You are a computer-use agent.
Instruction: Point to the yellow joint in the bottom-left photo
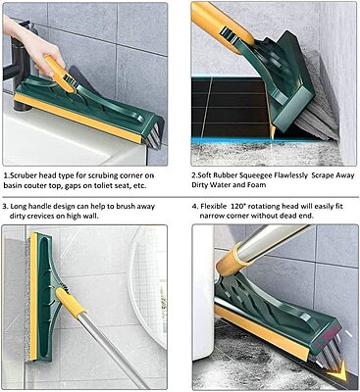pos(67,300)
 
